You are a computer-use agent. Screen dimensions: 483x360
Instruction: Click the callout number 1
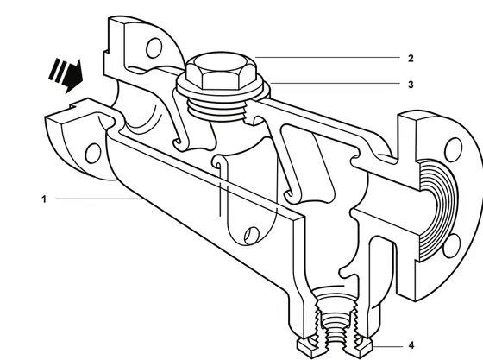[x=44, y=199]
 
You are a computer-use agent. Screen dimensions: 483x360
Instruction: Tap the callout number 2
[x=411, y=58]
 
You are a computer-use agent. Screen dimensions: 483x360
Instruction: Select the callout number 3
[x=411, y=85]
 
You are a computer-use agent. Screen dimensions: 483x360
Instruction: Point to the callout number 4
[x=411, y=346]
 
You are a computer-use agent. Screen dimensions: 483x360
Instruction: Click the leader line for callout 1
[x=99, y=199]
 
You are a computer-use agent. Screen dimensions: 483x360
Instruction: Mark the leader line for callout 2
[x=328, y=57]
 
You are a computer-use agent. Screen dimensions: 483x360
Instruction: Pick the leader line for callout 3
[x=335, y=83]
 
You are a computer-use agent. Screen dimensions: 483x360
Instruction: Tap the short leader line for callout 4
[x=387, y=346]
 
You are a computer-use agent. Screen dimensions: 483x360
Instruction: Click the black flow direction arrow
[x=66, y=75]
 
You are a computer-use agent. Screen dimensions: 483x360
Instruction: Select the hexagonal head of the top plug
[x=221, y=71]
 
